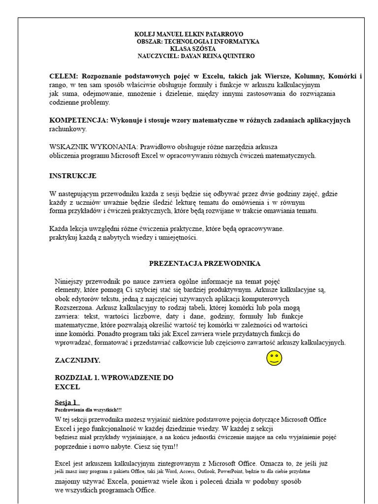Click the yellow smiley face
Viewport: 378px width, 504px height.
coord(274,358)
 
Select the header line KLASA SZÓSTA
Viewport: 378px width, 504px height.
coord(192,49)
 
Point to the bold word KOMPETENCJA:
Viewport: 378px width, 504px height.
coord(78,120)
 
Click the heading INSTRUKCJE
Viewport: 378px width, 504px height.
coord(73,176)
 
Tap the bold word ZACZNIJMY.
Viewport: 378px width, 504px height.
coord(78,360)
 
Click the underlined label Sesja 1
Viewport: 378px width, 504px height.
coord(66,402)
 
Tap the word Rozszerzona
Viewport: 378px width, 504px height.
coord(74,308)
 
